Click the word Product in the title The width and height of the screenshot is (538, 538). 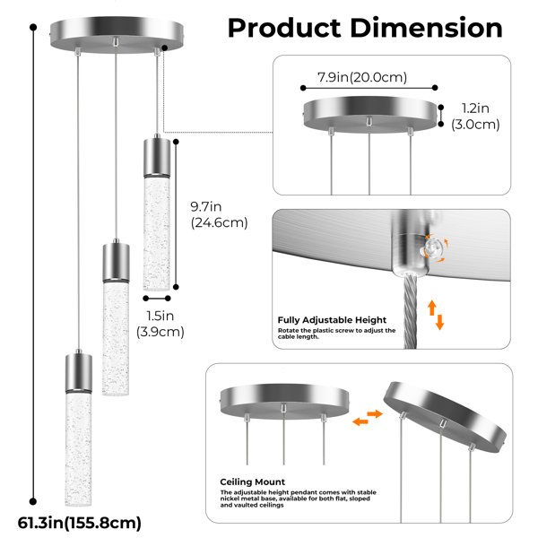[x=284, y=28]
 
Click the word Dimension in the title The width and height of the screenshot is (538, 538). [x=427, y=28]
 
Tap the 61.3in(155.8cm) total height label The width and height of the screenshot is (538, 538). [x=79, y=524]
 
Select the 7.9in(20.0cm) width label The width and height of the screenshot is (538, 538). [x=362, y=77]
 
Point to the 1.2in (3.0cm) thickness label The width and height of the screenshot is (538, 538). [x=475, y=117]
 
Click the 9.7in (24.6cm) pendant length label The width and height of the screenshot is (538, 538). [x=219, y=215]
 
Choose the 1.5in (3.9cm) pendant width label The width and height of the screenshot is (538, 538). [x=161, y=324]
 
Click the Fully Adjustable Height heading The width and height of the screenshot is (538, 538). [x=332, y=320]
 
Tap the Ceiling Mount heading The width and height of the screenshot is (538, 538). [x=253, y=482]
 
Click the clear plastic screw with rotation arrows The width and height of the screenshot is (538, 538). [x=432, y=247]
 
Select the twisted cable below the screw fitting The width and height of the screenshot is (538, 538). [x=410, y=310]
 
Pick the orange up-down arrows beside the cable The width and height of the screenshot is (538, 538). [x=436, y=315]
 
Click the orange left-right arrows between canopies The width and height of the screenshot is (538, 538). [x=368, y=418]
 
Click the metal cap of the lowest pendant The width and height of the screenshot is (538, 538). [x=79, y=372]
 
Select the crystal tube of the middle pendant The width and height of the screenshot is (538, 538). [x=116, y=339]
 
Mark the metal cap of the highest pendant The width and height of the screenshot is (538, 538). [x=157, y=157]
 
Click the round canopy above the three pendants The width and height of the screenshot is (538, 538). [x=117, y=35]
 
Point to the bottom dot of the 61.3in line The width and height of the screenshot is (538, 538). [x=33, y=501]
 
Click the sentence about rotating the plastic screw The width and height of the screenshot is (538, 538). [x=336, y=334]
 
